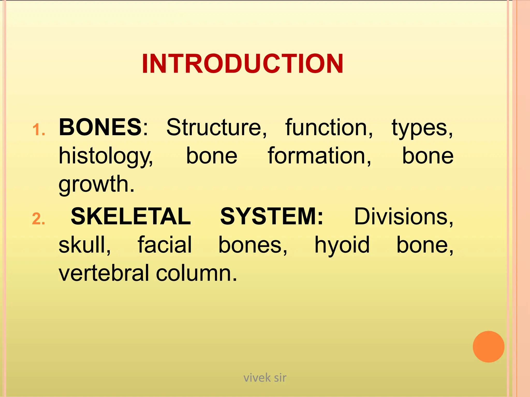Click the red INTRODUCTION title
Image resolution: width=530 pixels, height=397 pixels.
(x=242, y=64)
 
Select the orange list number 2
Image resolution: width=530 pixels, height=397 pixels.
(x=39, y=219)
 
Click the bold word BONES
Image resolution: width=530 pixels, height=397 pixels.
(x=100, y=127)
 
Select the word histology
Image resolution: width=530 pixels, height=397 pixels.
(x=106, y=156)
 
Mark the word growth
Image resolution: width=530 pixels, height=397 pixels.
(x=97, y=184)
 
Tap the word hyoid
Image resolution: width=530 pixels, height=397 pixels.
(x=342, y=245)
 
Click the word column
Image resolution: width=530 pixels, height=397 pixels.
(x=196, y=273)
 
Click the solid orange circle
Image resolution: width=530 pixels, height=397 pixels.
(x=488, y=347)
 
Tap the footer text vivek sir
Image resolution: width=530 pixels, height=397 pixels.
(x=265, y=378)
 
